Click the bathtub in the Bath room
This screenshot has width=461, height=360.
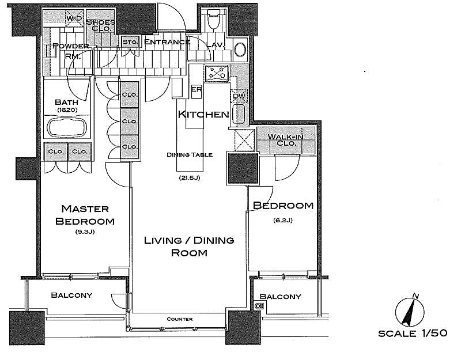point(67,127)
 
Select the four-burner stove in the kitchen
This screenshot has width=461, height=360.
point(217,73)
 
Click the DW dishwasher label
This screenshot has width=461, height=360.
point(239,96)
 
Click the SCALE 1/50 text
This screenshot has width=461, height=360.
point(413,334)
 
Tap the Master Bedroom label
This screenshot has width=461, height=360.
point(85,215)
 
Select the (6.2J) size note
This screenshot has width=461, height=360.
point(283,220)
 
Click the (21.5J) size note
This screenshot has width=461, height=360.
point(190,177)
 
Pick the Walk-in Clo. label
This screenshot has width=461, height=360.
point(285,140)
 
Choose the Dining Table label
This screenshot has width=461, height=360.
point(190,154)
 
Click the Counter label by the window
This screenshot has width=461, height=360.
point(180,319)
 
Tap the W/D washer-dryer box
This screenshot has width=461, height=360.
point(74,18)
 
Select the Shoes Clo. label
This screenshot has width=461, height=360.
point(101,25)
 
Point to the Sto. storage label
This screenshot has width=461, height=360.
point(130,42)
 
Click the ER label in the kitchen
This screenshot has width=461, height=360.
point(197,89)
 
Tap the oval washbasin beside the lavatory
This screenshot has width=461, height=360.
point(240,50)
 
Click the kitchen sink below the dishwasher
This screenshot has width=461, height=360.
point(239,113)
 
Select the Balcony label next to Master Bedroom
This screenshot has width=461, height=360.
point(71,295)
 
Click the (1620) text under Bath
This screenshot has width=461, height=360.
point(67,110)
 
